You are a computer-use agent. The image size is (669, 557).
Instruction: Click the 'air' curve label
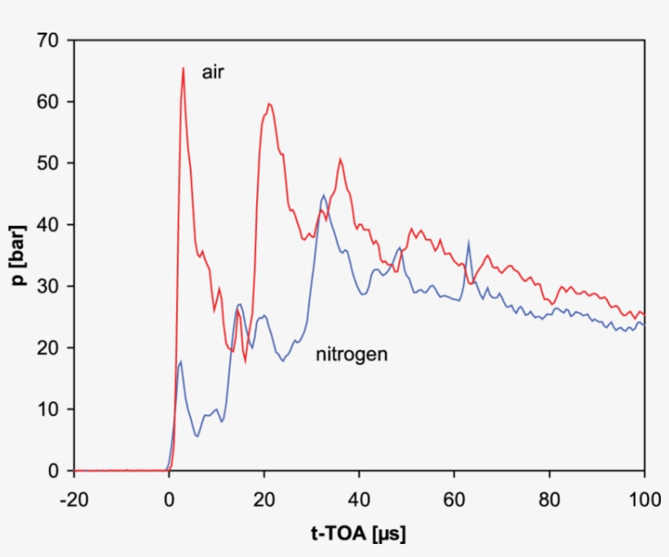point(213,73)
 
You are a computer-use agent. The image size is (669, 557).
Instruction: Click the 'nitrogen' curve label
point(352,355)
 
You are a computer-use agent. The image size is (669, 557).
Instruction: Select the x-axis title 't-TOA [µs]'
point(358,534)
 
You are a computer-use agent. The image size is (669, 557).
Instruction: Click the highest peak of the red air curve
point(184,69)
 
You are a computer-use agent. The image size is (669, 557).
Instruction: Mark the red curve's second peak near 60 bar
point(269,104)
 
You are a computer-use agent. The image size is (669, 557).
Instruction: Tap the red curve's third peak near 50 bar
point(340,160)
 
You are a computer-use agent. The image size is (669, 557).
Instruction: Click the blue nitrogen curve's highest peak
point(324,196)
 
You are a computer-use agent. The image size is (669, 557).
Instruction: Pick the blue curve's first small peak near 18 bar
point(180,361)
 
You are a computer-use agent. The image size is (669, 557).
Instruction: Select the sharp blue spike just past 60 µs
point(468,242)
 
